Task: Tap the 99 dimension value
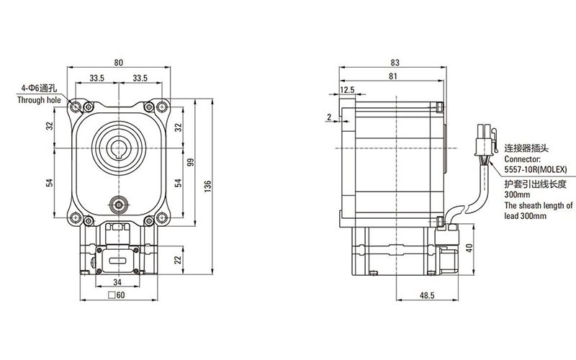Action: pyautogui.click(x=191, y=162)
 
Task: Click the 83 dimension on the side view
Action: pyautogui.click(x=393, y=62)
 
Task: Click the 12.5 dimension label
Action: pyautogui.click(x=348, y=90)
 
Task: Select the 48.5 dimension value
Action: pyautogui.click(x=426, y=295)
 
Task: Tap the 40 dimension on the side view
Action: pyautogui.click(x=469, y=248)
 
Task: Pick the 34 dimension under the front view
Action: pyautogui.click(x=117, y=282)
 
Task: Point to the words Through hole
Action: pyautogui.click(x=40, y=101)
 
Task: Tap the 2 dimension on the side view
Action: pyautogui.click(x=328, y=117)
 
